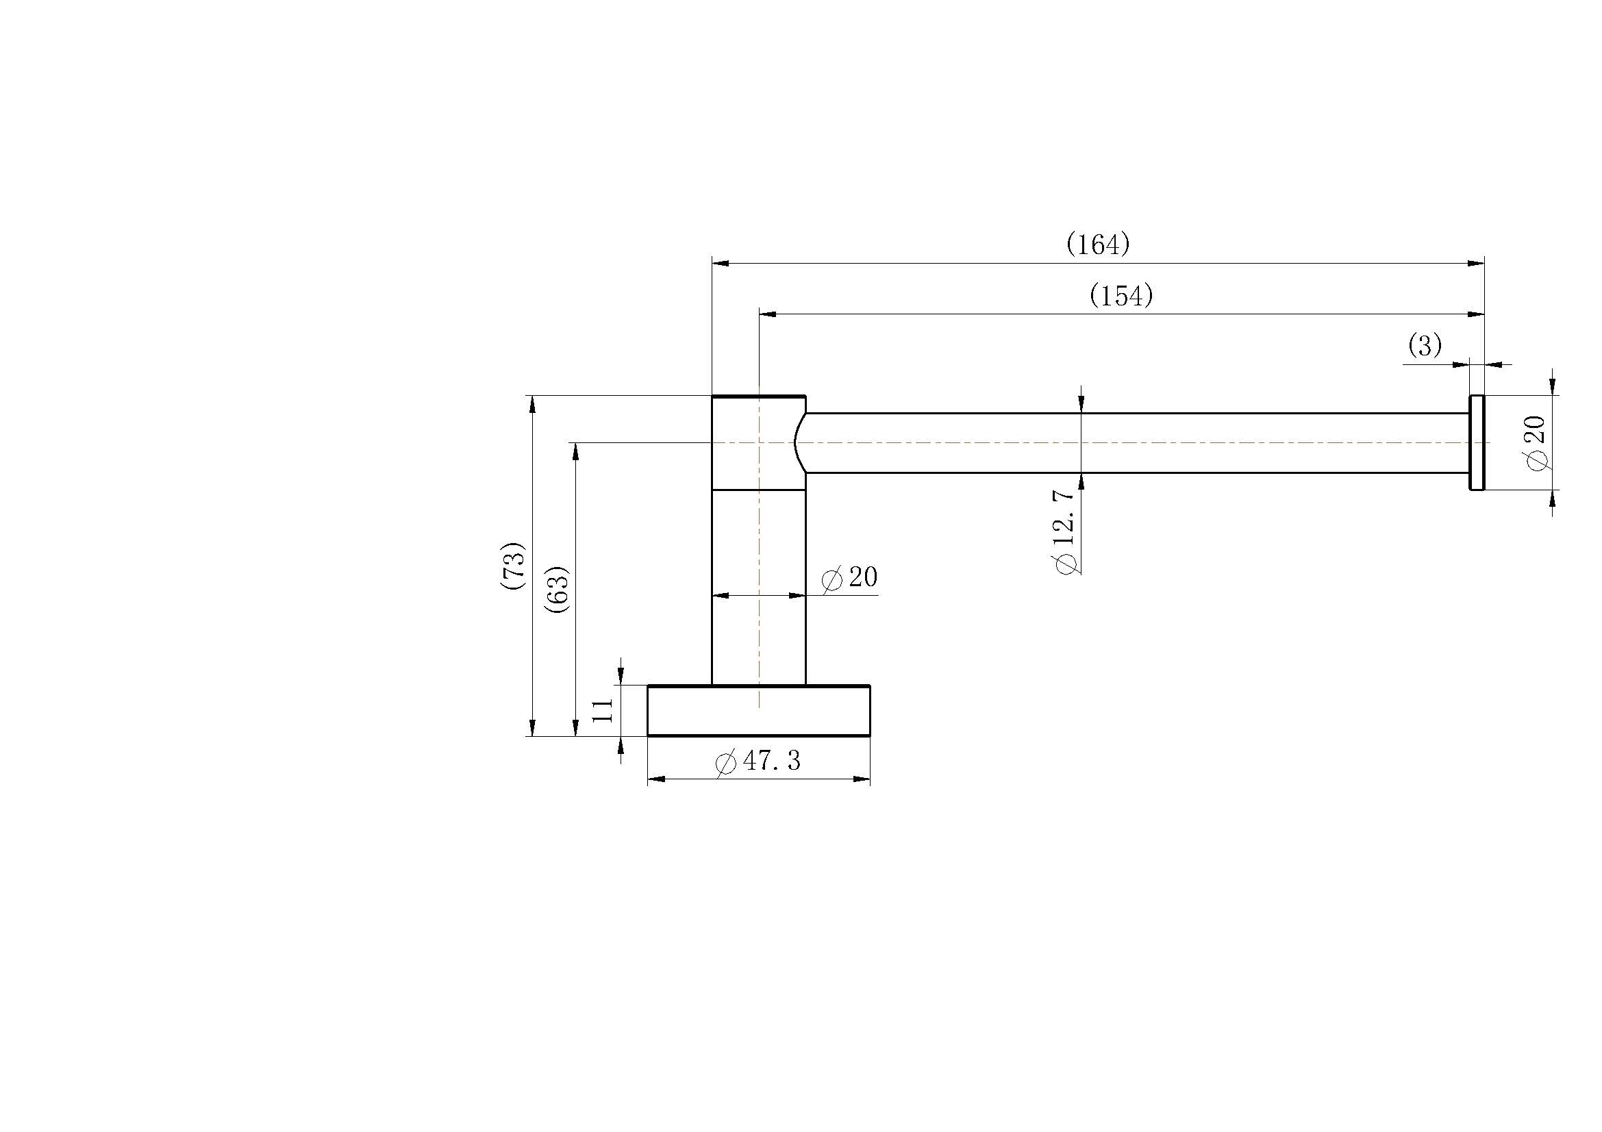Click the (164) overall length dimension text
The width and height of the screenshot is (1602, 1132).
(1097, 244)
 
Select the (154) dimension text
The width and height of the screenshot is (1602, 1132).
(1121, 297)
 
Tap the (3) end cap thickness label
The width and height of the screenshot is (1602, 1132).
(1425, 346)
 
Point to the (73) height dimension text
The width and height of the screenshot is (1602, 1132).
(514, 566)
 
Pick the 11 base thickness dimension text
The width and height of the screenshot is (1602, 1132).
(601, 711)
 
